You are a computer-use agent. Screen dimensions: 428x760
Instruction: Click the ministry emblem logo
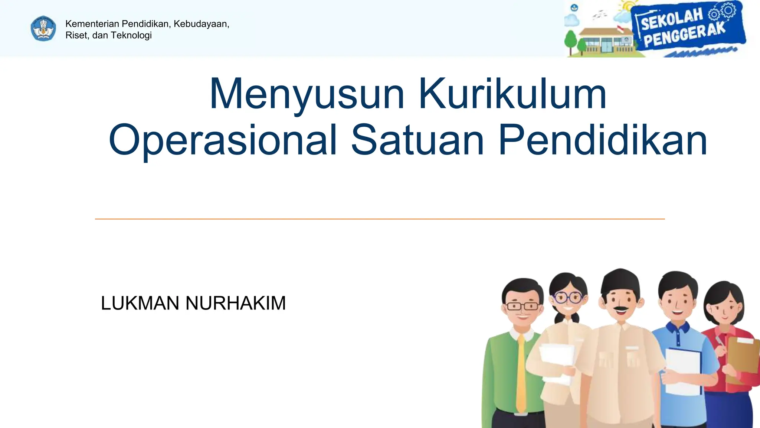tap(43, 29)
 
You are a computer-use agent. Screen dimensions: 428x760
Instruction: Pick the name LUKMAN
tap(140, 303)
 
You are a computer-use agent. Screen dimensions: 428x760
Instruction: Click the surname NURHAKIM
tap(236, 303)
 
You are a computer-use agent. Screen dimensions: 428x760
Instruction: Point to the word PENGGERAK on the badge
tap(684, 36)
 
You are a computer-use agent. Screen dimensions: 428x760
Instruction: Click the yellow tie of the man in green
tap(521, 372)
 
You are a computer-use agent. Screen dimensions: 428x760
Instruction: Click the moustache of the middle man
tap(620, 308)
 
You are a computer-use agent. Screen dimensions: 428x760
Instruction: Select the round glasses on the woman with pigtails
tap(568, 297)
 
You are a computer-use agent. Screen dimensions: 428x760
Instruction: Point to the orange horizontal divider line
tap(380, 219)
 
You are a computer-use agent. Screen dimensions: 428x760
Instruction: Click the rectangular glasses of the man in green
tap(522, 306)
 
